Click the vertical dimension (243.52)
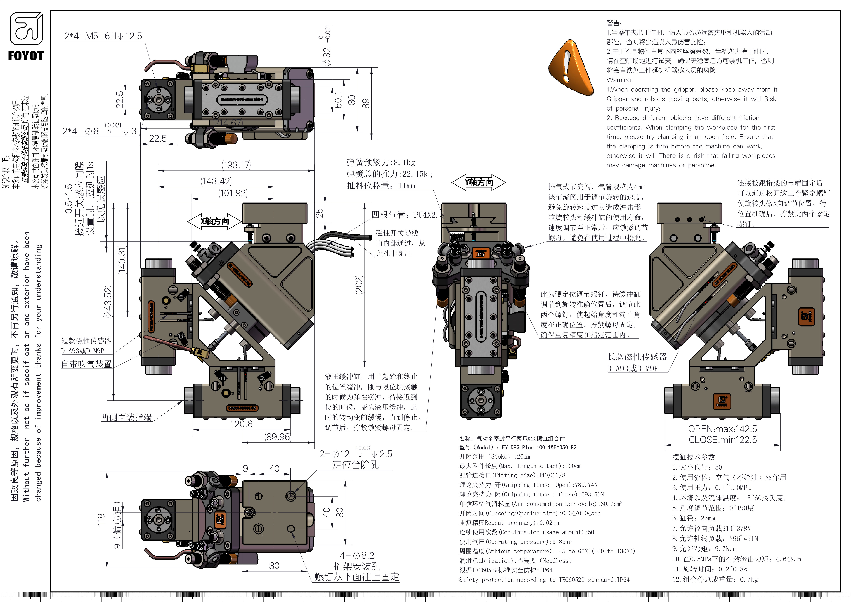coord(108,301)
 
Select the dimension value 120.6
coord(241,424)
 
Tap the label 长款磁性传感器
coord(637,357)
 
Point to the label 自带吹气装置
coord(86,364)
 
